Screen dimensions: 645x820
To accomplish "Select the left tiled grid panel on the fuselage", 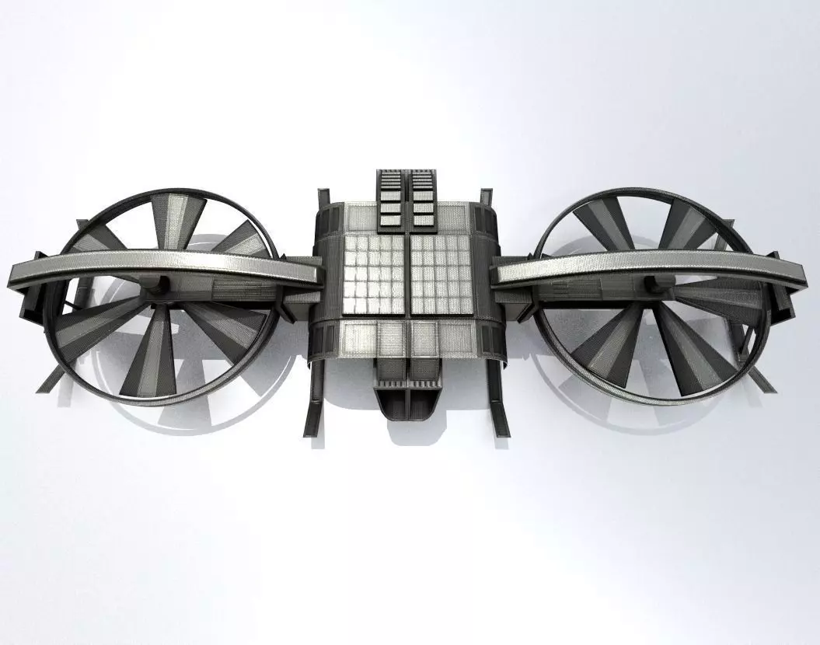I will (x=375, y=275).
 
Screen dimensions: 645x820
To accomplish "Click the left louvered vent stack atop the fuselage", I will (x=389, y=199).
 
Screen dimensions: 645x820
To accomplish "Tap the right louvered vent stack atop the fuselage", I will (x=424, y=199).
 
